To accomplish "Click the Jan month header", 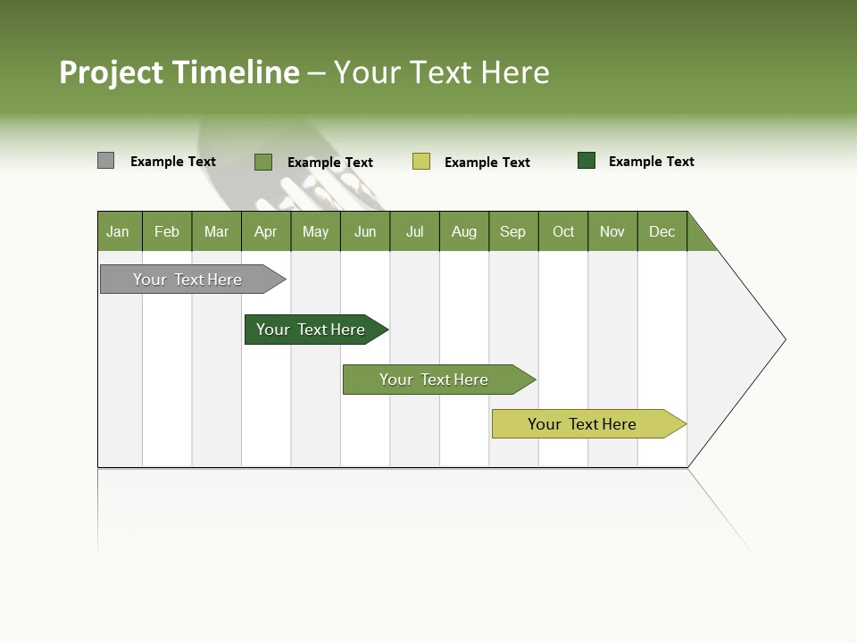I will tap(119, 231).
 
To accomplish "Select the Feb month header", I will tap(167, 231).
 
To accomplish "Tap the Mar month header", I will tap(216, 231).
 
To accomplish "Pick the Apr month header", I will tap(266, 231).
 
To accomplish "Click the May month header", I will tap(315, 231).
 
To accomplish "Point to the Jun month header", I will tap(365, 231).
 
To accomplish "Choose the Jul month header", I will tap(414, 231).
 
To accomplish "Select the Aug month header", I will tap(464, 231).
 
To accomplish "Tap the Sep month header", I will tap(513, 231).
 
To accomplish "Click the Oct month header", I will tap(563, 231).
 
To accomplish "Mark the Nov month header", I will tap(612, 231).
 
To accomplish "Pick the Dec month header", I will tap(662, 231).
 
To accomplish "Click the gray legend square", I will tap(105, 161).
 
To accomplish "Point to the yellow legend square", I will tap(421, 162).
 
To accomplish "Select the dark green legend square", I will tap(587, 161).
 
